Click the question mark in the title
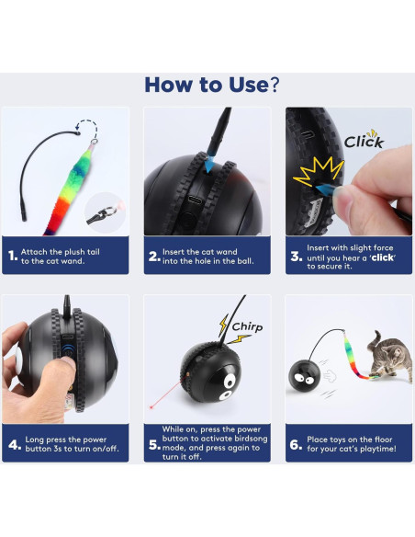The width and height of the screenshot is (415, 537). [273, 84]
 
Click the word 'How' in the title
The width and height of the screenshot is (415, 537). [174, 84]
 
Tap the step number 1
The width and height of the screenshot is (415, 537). [12, 257]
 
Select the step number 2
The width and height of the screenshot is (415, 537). [154, 257]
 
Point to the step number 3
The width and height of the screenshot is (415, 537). [296, 257]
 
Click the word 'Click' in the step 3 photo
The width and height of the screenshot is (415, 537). [364, 142]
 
